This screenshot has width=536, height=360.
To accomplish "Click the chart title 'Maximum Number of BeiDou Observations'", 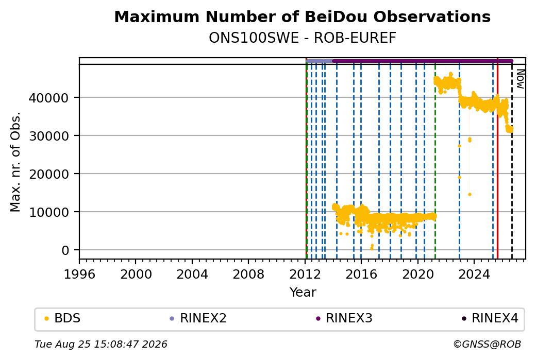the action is pos(302,16).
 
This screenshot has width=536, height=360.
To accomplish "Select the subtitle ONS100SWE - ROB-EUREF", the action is pos(302,38).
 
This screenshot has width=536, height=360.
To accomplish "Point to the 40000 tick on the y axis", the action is pos(48,98).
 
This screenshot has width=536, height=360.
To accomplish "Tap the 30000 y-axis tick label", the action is pos(48,136).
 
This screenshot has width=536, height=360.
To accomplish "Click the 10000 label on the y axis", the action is pos(48,212).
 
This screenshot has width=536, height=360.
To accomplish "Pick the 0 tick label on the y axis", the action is pos(65,250).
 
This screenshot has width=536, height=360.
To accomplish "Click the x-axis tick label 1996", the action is pos(79,274).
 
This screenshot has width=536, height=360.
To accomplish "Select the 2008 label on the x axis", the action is pos(248,274).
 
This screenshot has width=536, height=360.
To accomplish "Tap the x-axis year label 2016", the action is pos(361,274).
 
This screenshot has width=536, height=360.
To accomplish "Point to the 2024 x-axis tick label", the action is pos(474,274).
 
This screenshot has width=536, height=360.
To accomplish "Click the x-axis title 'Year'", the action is pos(303,293).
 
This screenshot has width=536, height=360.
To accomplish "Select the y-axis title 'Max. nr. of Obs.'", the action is pos(15,162).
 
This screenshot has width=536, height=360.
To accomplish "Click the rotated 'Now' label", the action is pos(520,79).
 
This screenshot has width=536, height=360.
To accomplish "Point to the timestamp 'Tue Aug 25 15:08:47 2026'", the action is pos(101,344).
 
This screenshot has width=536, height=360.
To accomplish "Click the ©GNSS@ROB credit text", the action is pos(487,344).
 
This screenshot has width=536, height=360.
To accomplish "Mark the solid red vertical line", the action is pos(497,159).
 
